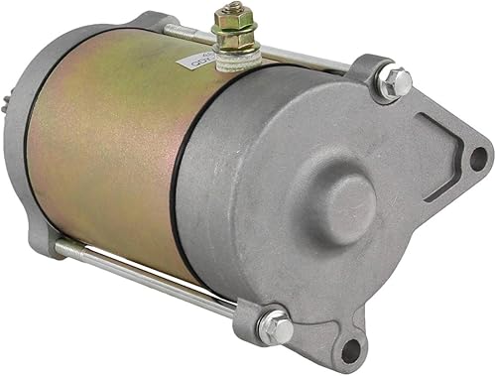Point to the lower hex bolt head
point(275,327)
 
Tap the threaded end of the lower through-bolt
point(62,244)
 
